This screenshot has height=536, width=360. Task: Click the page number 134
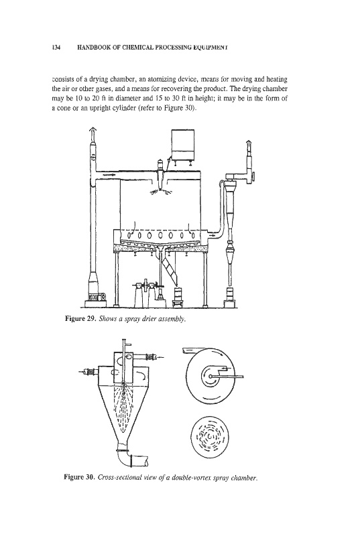point(56,48)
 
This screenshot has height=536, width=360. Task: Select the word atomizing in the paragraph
point(162,80)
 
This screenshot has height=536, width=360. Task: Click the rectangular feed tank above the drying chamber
point(182,144)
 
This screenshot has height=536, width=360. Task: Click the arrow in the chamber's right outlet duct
point(213,236)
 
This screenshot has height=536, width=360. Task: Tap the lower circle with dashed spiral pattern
point(208,435)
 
